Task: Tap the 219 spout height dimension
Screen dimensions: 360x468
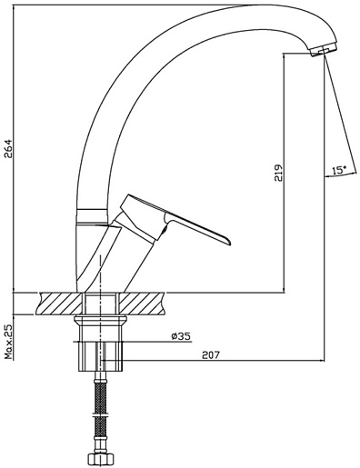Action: coord(278,173)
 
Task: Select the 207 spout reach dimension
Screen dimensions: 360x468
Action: coord(210,354)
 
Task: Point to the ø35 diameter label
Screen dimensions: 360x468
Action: coord(180,335)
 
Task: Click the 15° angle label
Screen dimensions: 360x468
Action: coord(339,170)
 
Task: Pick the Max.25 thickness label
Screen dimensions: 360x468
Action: coord(8,342)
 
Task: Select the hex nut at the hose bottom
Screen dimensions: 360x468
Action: coord(100,459)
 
